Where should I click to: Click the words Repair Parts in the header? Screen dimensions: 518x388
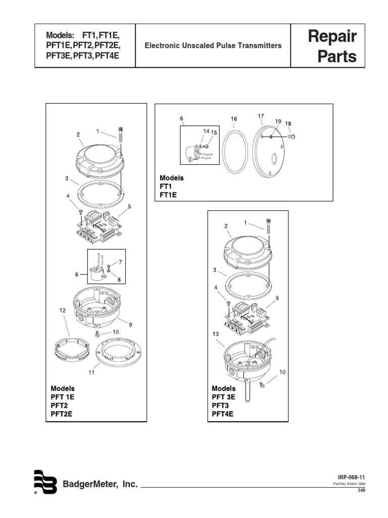[x=336, y=46]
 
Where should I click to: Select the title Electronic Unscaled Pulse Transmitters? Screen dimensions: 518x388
[x=213, y=46]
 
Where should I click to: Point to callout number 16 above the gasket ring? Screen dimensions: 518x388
[x=234, y=119]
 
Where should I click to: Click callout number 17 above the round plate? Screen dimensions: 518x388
[x=261, y=116]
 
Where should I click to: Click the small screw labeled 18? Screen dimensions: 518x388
[x=292, y=136]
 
